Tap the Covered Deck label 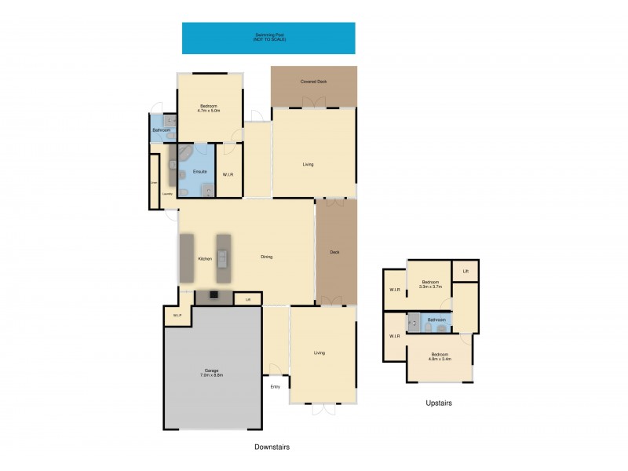point(313,82)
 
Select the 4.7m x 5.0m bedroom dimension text point(210,111)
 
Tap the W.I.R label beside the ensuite point(228,175)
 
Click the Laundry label point(167,192)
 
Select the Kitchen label point(205,258)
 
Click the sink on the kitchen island point(224,257)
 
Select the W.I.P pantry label point(177,316)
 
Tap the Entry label point(275,387)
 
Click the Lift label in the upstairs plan point(466,271)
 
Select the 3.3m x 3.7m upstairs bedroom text point(431,287)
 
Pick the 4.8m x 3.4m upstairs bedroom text point(440,359)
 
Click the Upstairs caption point(440,403)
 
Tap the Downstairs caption point(272,447)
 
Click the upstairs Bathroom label point(436,319)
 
